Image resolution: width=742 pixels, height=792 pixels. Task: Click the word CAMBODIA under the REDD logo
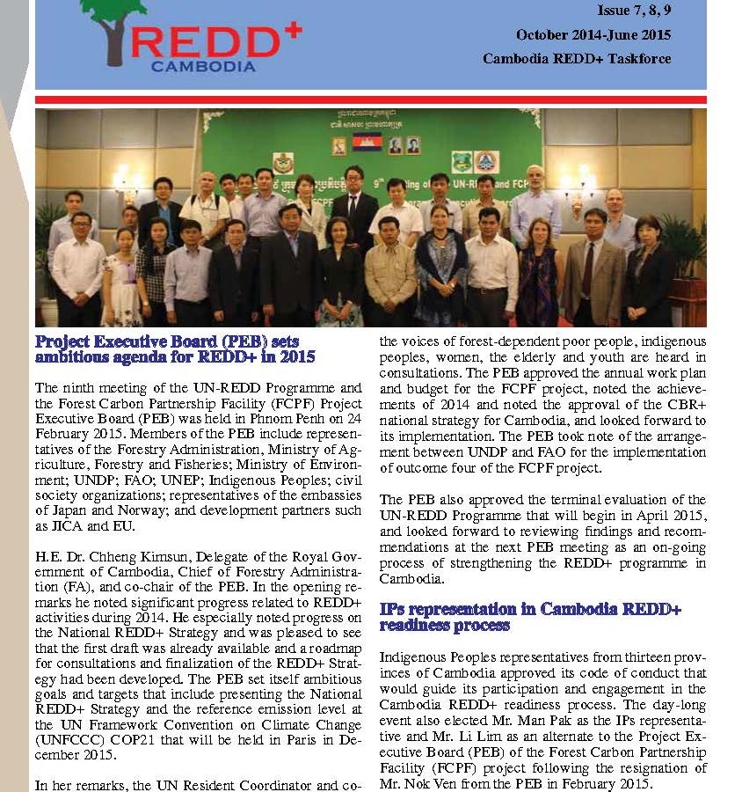point(203,66)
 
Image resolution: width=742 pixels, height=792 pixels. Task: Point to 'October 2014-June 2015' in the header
point(593,35)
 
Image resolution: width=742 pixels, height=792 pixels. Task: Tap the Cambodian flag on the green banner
point(367,142)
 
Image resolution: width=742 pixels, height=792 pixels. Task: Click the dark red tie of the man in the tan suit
point(586,268)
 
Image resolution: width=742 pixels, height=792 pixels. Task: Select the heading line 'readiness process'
point(444,625)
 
